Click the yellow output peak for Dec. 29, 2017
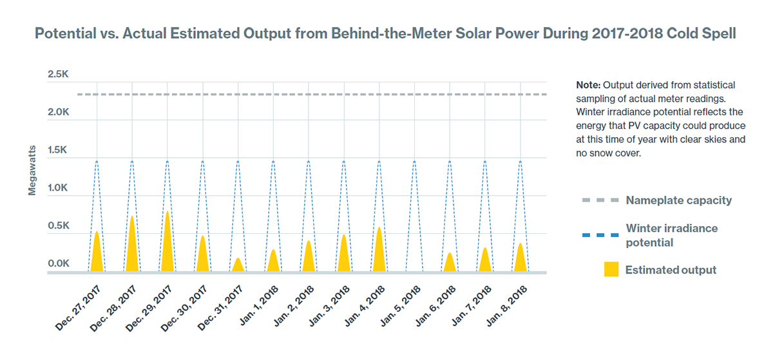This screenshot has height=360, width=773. point(167,245)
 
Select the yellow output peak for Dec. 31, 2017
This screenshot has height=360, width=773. point(238,265)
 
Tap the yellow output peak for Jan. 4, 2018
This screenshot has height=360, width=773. point(379,251)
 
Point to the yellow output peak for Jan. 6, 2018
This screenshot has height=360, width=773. point(450,263)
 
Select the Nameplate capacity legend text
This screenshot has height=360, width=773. point(678,200)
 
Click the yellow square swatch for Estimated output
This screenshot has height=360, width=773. point(611,270)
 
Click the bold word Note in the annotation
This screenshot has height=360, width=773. point(589,86)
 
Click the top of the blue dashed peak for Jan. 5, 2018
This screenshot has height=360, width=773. point(414,161)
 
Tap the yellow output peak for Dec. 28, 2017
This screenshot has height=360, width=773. point(132,248)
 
